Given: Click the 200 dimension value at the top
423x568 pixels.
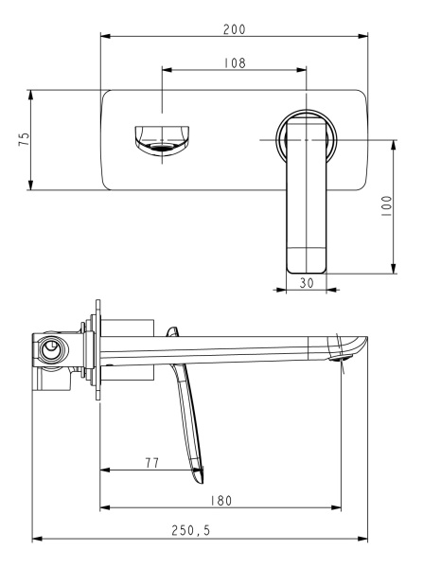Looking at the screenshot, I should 235,29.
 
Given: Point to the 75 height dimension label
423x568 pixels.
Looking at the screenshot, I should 25,139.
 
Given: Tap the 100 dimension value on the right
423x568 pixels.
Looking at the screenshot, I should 387,207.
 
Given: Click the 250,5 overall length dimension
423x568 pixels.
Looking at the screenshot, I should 200,532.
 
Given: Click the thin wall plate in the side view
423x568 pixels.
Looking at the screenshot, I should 96,351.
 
